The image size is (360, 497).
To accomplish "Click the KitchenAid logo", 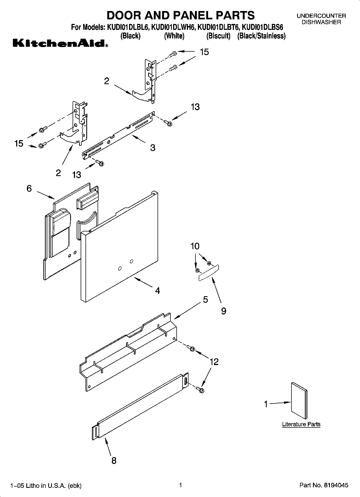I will (60, 43).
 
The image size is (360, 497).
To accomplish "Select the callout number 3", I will (152, 148).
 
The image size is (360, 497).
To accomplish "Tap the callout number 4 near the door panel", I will (158, 291).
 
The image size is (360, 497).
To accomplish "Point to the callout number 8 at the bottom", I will (114, 460).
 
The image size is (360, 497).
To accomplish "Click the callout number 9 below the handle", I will (223, 311).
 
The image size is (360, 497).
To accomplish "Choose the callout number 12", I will (214, 362).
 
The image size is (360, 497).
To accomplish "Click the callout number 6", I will (29, 188).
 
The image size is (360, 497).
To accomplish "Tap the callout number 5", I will (205, 299).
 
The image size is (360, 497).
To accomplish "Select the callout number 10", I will (195, 246).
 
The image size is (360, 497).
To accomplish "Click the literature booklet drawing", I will (299, 401).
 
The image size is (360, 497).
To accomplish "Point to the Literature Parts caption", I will (301, 424).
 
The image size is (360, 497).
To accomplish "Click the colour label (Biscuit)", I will (218, 36).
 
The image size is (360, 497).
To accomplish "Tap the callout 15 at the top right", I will (204, 52).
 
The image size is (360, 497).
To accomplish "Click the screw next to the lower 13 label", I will (100, 163).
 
